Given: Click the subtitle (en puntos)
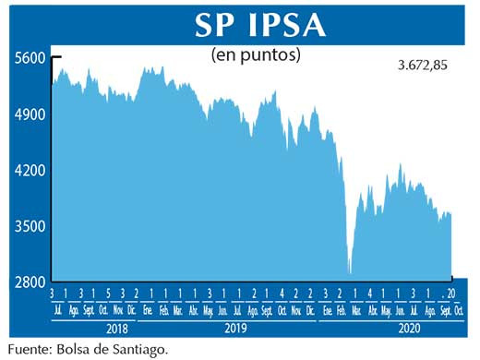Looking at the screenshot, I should point(256,55).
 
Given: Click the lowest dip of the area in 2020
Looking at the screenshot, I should point(350,272).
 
